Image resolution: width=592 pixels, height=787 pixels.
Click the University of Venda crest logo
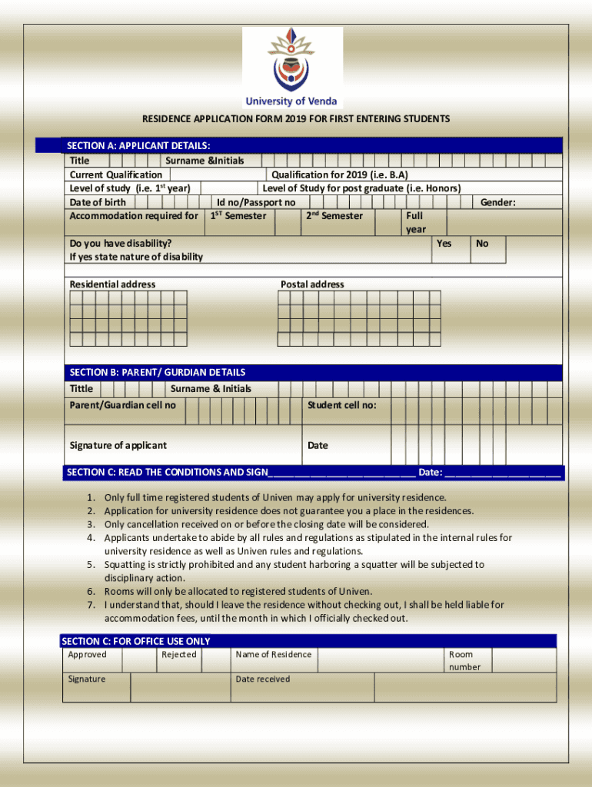[291, 60]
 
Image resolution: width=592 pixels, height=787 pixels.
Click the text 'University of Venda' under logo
[291, 101]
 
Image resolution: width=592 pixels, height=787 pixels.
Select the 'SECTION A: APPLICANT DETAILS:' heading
[138, 145]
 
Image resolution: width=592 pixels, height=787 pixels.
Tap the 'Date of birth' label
[98, 202]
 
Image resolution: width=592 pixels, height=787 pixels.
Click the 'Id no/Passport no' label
[256, 202]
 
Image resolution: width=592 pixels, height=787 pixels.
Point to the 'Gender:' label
[497, 202]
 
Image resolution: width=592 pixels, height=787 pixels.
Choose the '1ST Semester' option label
[238, 216]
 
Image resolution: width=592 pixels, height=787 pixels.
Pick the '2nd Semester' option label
[334, 216]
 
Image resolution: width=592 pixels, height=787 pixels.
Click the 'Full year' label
[415, 223]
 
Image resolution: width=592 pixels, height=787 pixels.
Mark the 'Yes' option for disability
[444, 244]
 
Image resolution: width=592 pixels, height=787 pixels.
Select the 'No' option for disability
[482, 244]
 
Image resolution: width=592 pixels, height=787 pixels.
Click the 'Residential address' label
[112, 284]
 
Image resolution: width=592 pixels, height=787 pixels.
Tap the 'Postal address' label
[312, 284]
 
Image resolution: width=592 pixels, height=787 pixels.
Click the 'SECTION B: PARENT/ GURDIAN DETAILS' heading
[156, 372]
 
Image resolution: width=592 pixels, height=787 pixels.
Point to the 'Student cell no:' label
[342, 405]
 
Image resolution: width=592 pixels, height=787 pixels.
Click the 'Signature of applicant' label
[118, 446]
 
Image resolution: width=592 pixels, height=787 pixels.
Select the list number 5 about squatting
[90, 565]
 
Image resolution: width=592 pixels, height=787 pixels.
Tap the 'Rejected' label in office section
[179, 655]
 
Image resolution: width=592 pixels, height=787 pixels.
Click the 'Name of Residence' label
[274, 655]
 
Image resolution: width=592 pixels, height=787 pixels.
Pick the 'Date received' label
[263, 679]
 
